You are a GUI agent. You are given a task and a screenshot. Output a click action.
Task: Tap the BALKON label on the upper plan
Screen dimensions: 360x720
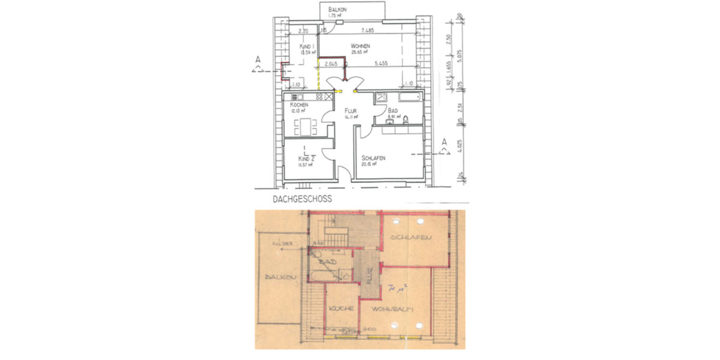pos(338,10)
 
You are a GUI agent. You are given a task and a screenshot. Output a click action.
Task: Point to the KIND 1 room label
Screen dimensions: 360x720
pos(307,47)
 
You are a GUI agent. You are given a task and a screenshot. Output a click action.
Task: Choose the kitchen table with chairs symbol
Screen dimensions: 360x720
pos(307,127)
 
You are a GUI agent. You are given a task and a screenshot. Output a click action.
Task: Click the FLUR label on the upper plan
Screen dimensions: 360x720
pos(351,112)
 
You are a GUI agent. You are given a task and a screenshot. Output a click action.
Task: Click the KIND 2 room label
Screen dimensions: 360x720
pos(307,158)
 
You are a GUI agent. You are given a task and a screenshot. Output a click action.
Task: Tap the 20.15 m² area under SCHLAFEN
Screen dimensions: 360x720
pos(369,164)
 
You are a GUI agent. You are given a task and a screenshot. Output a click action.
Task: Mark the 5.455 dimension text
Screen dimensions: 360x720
pos(379,63)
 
